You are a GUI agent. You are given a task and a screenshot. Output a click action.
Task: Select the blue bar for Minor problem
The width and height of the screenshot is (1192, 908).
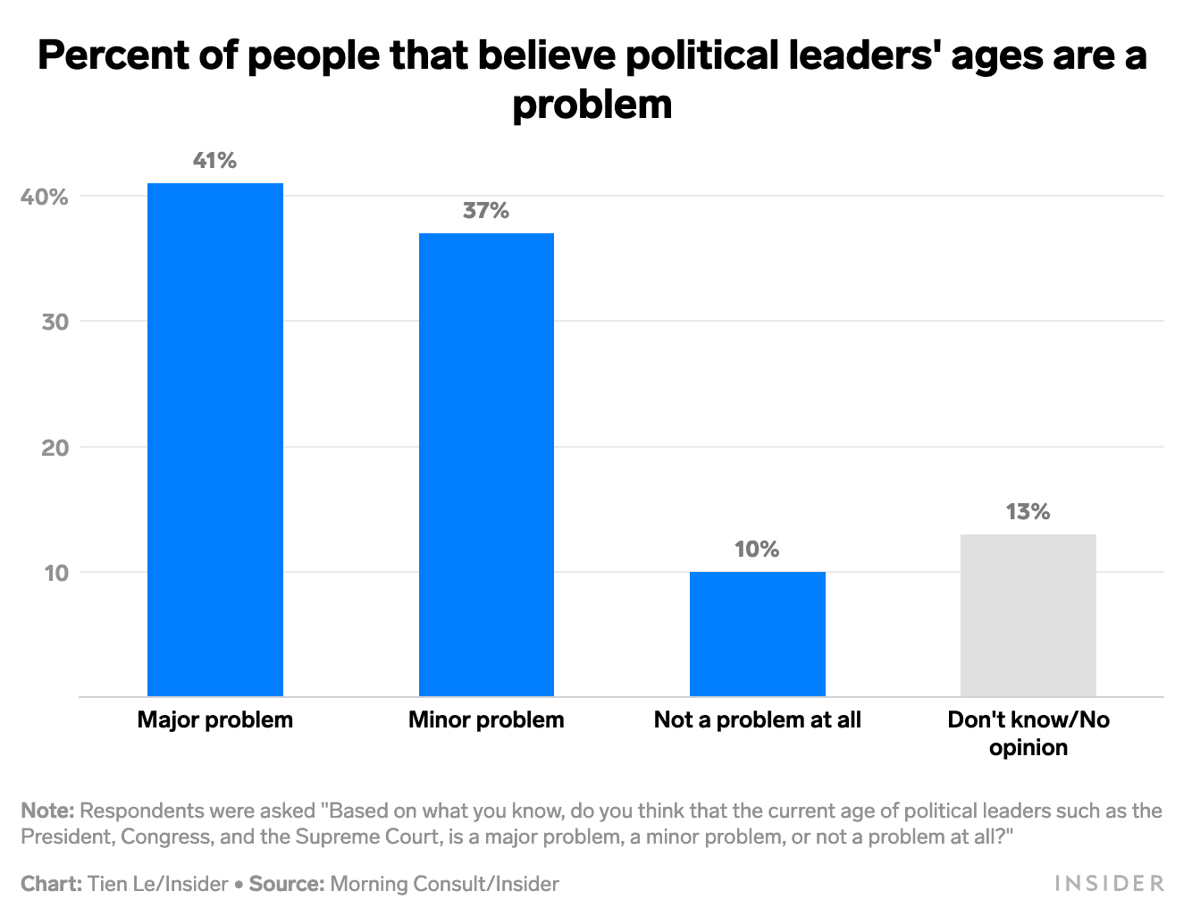click(486, 465)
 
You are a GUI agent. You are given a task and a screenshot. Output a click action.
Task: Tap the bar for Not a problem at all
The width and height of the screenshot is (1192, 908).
click(757, 634)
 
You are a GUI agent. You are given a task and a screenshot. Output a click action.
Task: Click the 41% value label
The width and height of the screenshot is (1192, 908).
click(215, 161)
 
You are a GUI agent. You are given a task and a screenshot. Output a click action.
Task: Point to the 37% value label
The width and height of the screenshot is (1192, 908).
click(486, 211)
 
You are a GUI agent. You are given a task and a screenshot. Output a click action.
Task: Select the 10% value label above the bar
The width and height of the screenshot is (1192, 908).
click(757, 550)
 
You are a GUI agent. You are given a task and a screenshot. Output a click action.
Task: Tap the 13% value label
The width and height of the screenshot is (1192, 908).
click(1028, 512)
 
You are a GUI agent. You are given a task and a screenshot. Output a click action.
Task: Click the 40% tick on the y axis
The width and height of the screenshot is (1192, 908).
click(45, 197)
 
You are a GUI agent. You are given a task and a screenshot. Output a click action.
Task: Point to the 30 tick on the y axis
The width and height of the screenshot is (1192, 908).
click(55, 322)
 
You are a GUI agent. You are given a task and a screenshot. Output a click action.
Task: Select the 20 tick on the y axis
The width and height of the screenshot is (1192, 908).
click(55, 448)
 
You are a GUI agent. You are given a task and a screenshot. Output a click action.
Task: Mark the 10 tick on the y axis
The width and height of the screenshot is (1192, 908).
click(55, 573)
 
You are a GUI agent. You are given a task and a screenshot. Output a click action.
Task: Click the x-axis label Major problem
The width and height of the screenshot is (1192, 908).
click(215, 720)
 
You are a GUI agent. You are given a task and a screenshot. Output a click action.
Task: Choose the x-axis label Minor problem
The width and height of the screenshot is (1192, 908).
click(486, 720)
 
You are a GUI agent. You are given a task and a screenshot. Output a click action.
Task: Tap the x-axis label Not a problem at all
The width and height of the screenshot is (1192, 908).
click(757, 720)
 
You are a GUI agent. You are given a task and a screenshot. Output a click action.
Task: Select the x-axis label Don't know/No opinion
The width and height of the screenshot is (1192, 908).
click(1028, 733)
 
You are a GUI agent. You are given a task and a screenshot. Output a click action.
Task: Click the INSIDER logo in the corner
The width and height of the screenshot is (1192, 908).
click(1110, 884)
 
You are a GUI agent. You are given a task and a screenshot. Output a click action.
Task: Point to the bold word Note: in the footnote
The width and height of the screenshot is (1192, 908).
click(47, 811)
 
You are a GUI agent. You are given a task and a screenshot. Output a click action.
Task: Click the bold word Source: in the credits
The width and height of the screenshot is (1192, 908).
click(286, 884)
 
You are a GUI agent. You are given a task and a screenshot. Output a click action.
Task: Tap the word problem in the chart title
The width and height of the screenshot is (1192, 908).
click(592, 105)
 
